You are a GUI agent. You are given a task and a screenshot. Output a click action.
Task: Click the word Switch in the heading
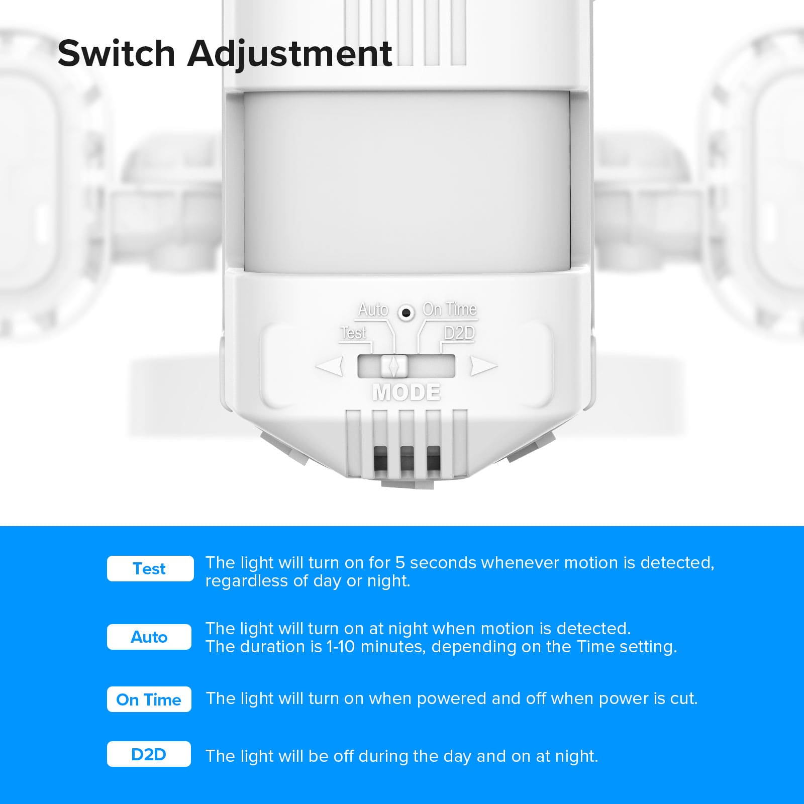[x=116, y=53]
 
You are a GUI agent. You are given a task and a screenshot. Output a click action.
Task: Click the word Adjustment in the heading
[x=289, y=53]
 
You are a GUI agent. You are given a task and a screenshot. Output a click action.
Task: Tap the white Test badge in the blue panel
[x=150, y=568]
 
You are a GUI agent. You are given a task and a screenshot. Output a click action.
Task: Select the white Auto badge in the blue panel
[x=149, y=637]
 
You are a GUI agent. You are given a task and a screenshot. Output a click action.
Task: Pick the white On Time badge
[x=149, y=699]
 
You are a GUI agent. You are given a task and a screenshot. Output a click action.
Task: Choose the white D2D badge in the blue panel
[x=149, y=754]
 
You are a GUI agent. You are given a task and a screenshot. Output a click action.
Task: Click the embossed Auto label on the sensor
[x=373, y=310]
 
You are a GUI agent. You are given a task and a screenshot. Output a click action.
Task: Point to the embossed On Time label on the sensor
[x=449, y=309]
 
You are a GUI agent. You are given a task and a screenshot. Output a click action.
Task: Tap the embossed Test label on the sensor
[x=353, y=333]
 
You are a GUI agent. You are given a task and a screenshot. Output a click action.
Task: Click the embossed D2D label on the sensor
[x=459, y=333]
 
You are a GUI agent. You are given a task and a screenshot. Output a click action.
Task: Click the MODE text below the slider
[x=406, y=392]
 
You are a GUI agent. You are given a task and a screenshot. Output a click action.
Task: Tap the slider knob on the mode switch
[x=394, y=366]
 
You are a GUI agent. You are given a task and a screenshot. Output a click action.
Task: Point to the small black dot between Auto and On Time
[x=406, y=313]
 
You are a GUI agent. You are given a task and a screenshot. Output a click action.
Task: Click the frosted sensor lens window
[x=406, y=181]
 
